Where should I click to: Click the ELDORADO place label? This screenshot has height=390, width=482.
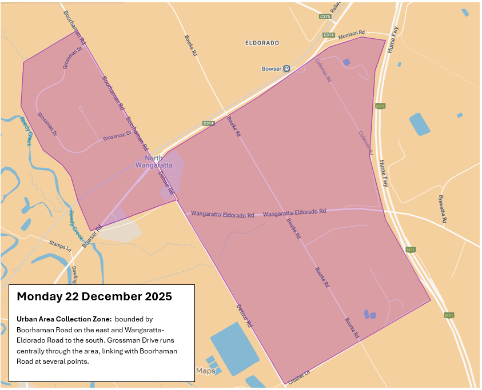click(x=261, y=43)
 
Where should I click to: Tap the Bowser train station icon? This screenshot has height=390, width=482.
click(x=286, y=69)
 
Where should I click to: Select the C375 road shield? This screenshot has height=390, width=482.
click(x=325, y=17)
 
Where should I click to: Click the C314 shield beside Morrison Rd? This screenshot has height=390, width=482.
click(x=328, y=35)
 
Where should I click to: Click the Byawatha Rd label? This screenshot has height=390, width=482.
click(x=441, y=208)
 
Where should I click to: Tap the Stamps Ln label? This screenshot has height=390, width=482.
click(x=60, y=246)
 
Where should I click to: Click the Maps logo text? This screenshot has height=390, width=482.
click(x=206, y=371)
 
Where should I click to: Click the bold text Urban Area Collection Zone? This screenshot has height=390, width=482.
click(x=63, y=319)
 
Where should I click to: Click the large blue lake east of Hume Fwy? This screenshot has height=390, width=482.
click(x=420, y=124)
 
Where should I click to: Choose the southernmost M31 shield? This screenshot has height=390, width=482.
click(x=449, y=315)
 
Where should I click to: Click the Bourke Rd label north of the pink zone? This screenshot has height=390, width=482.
click(x=191, y=45)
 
